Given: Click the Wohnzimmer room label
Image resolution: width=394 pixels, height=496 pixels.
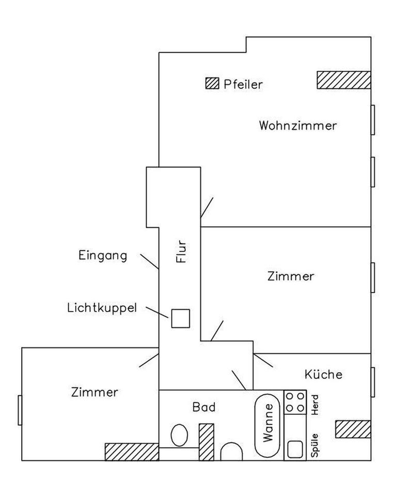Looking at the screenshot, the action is point(298,126).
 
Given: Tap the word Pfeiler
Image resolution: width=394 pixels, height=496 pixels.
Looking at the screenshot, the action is point(243,84).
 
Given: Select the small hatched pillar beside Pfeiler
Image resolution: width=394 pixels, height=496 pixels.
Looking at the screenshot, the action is point(212,83).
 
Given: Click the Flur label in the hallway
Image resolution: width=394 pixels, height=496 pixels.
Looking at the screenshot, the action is point(181,252).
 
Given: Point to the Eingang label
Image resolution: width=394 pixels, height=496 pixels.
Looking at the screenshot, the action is point(103,255).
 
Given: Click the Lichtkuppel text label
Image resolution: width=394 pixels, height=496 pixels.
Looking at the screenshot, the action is point(102,308).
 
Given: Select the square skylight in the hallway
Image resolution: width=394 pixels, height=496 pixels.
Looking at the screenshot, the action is point(181,318).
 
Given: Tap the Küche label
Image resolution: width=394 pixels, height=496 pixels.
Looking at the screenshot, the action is point(323,374).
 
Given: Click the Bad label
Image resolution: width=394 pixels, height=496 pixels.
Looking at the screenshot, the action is point(204,407).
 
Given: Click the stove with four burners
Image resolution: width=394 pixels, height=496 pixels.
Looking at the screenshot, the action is point(295,402).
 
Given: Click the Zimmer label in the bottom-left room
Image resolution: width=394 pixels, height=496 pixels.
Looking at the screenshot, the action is point(94,392).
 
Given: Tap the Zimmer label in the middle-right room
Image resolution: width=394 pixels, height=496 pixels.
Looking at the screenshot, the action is point(291,276).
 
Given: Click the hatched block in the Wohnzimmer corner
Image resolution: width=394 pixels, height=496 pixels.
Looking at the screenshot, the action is point(343,80).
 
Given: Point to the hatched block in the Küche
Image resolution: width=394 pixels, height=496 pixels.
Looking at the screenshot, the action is point(353,429).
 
